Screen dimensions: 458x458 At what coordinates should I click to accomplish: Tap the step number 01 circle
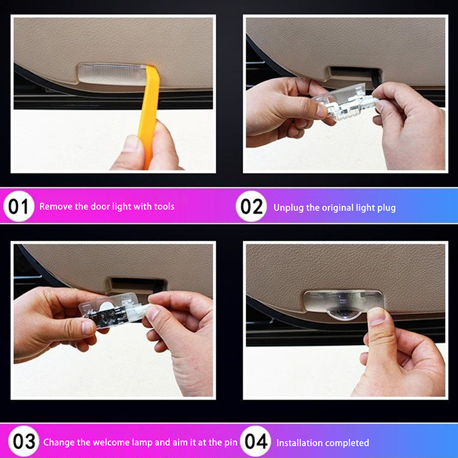pyautogui.click(x=19, y=206)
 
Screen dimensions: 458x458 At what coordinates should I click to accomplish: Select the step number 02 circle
pyautogui.click(x=251, y=206)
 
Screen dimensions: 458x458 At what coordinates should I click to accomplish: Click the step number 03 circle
pyautogui.click(x=23, y=441)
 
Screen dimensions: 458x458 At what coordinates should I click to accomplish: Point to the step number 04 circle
pyautogui.click(x=255, y=441)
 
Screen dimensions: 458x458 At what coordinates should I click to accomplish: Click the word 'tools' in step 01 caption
pyautogui.click(x=164, y=207)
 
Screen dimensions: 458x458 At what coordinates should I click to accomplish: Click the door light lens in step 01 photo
pyautogui.click(x=112, y=74)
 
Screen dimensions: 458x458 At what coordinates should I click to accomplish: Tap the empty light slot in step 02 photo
pyautogui.click(x=354, y=73)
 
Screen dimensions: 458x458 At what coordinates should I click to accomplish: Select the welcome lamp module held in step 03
pyautogui.click(x=114, y=310)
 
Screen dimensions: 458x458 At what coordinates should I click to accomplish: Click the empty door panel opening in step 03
pyautogui.click(x=136, y=284)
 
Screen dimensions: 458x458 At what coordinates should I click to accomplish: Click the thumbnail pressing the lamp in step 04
pyautogui.click(x=377, y=317)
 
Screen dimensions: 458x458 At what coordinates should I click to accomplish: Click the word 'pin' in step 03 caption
pyautogui.click(x=231, y=443)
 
